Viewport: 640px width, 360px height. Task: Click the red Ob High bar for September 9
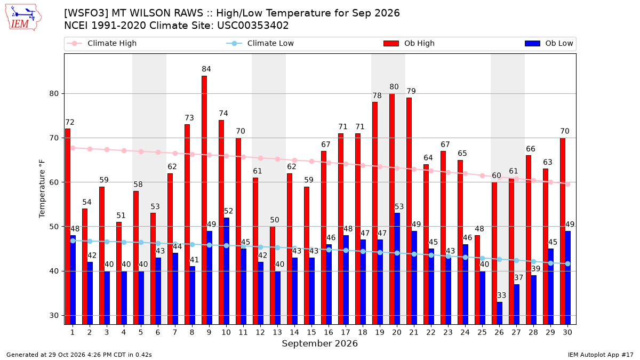[x=204, y=200]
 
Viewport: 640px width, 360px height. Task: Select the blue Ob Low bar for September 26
[x=499, y=313]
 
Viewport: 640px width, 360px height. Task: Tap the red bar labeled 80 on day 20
[x=391, y=209]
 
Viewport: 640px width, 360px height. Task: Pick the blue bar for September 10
[x=226, y=271]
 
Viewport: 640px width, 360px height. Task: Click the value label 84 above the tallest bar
[x=206, y=69]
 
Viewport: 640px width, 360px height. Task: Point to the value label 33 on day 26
[x=501, y=295]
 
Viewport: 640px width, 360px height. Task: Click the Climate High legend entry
[x=102, y=43]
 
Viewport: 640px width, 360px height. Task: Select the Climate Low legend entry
[x=260, y=43]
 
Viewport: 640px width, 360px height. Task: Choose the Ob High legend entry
[x=409, y=43]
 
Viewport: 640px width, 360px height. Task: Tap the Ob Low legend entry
[x=549, y=43]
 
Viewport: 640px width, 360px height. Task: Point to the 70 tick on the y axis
[x=54, y=138]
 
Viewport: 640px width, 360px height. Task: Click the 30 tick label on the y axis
[x=54, y=315]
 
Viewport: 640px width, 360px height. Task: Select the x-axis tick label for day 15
[x=311, y=332]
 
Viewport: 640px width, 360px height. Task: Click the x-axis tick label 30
[x=567, y=332]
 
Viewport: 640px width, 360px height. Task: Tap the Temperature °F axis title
[x=42, y=189]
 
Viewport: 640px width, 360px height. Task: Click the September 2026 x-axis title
[x=319, y=343]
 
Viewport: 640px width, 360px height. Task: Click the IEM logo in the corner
[x=23, y=18]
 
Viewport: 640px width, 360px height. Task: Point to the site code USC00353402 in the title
[x=253, y=26]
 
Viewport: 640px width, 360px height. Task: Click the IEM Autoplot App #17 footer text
[x=601, y=355]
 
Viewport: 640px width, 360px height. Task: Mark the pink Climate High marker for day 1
[x=73, y=148]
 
